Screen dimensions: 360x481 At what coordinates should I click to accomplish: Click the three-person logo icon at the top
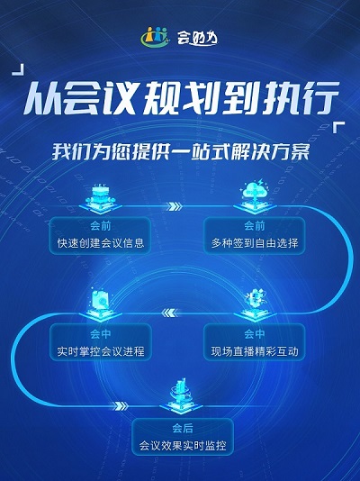click(155, 37)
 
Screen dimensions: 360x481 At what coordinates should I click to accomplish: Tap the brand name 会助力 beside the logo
click(197, 38)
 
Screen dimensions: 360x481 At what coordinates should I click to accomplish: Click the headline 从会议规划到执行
click(181, 98)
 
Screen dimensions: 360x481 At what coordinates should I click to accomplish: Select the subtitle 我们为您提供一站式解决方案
click(181, 151)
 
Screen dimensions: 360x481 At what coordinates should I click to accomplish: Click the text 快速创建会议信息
click(101, 243)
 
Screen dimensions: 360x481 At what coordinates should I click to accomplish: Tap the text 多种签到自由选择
click(255, 243)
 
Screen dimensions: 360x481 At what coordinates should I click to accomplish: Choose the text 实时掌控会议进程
click(101, 351)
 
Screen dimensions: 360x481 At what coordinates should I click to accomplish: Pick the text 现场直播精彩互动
click(255, 351)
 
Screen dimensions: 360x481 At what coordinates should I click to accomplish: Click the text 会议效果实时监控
click(183, 445)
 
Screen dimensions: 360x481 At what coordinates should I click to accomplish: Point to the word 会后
click(183, 428)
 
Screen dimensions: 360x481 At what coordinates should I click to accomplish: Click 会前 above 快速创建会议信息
click(101, 226)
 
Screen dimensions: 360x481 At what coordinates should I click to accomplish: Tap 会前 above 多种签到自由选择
click(255, 226)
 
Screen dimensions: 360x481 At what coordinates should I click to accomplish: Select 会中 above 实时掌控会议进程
click(101, 334)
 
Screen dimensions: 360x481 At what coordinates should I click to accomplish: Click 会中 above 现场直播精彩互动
click(255, 334)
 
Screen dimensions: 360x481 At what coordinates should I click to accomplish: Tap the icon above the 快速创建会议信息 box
click(101, 198)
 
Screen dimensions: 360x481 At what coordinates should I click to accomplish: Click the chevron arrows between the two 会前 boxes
click(175, 206)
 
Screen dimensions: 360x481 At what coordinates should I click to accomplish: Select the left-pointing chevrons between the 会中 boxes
click(169, 313)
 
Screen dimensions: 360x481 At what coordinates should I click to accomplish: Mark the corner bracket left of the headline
click(19, 70)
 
